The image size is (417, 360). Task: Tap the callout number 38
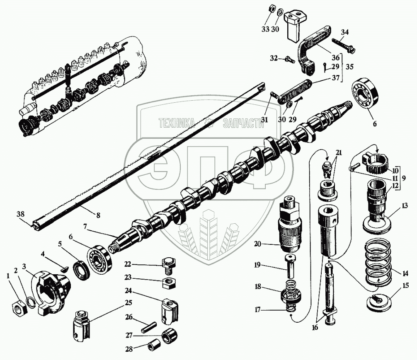pyautogui.click(x=20, y=214)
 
